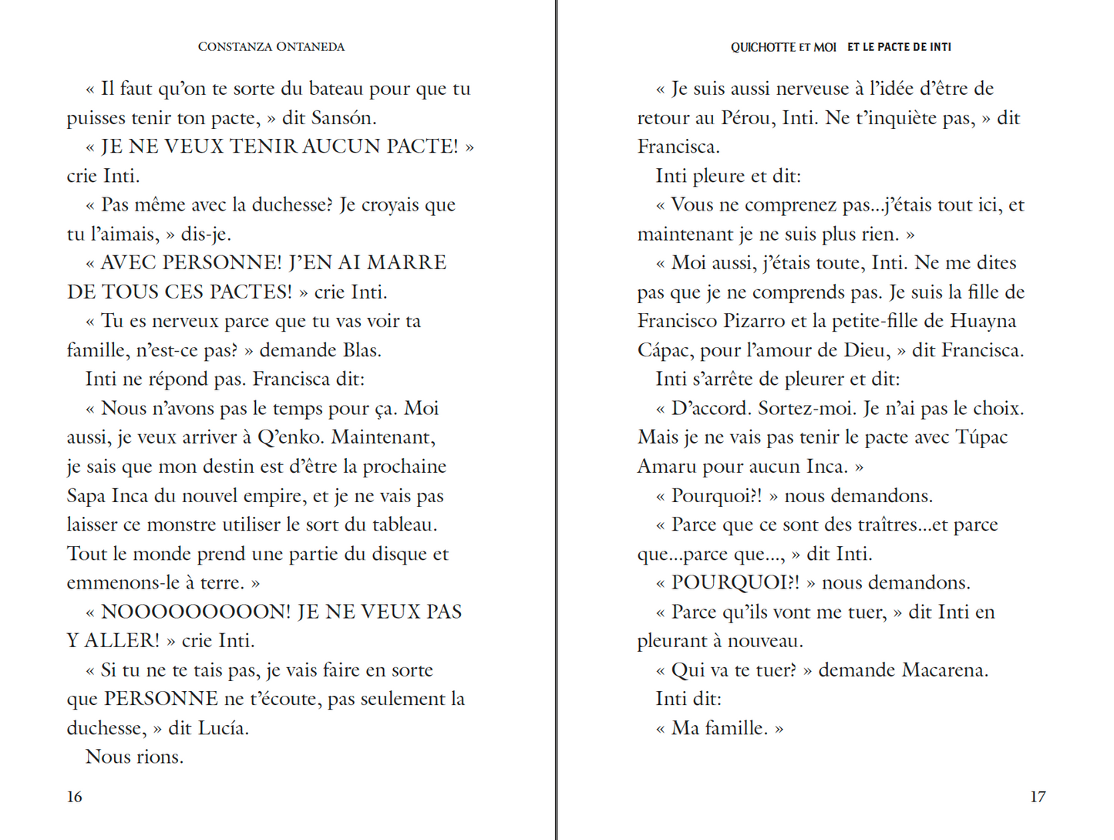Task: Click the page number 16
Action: tap(74, 797)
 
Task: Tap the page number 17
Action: tap(1038, 797)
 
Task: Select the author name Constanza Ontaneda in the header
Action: tap(271, 47)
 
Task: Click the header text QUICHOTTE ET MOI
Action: tap(783, 47)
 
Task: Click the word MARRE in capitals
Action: tap(406, 263)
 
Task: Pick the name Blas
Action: tap(361, 350)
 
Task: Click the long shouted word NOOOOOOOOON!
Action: tap(196, 612)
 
